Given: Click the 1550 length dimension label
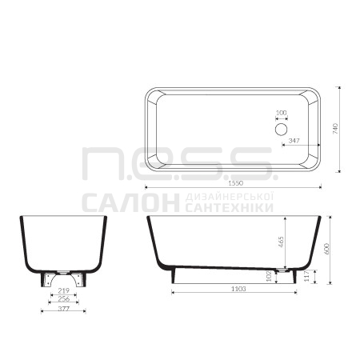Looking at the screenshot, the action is pyautogui.click(x=236, y=183).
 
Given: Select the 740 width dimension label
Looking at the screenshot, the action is pyautogui.click(x=335, y=129).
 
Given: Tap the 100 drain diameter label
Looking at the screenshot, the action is pyautogui.click(x=281, y=113).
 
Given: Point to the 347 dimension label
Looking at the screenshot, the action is pyautogui.click(x=294, y=141).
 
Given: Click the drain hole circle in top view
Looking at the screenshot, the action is pyautogui.click(x=281, y=129).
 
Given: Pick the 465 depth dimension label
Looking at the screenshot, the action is pyautogui.click(x=281, y=242).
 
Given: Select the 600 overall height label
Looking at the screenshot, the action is pyautogui.click(x=327, y=249).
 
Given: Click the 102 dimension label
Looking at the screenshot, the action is pyautogui.click(x=269, y=276).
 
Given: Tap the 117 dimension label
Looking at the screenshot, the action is pyautogui.click(x=306, y=276).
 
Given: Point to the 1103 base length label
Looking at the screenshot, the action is pyautogui.click(x=238, y=289).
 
